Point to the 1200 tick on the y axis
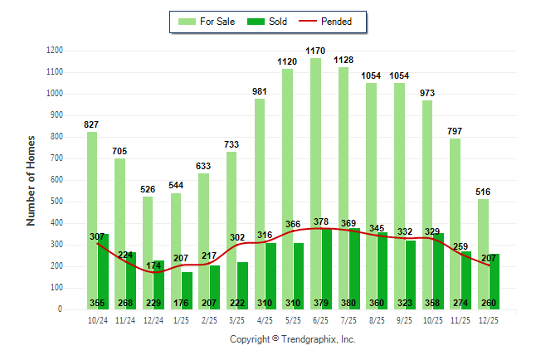54,51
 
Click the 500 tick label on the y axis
56,202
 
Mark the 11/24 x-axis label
125,320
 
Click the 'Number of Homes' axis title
31,180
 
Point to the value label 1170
314,51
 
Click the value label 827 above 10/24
91,124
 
